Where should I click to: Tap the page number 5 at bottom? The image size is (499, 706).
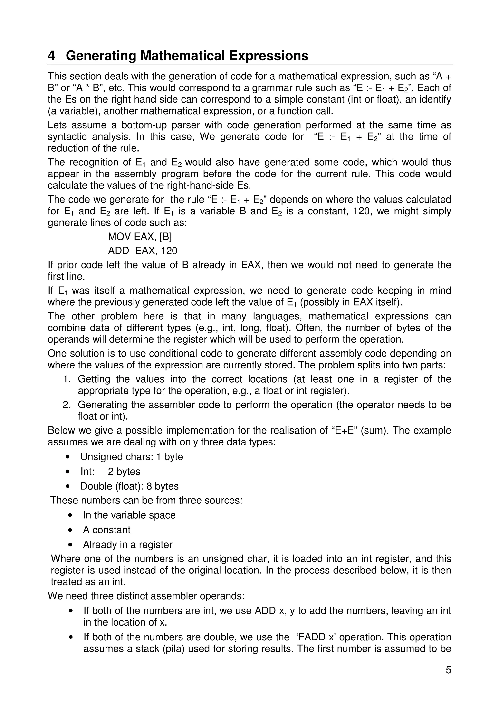[x=448, y=670]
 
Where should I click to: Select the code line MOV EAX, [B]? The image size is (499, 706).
[x=140, y=237]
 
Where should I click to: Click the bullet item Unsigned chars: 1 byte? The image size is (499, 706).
[x=132, y=457]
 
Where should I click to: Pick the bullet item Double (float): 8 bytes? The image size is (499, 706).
[x=129, y=486]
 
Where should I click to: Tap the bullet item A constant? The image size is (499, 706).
[x=106, y=530]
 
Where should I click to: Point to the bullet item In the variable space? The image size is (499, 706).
[x=129, y=515]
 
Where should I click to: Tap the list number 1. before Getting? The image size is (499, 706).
[x=67, y=379]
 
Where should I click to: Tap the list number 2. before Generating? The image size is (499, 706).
[x=67, y=405]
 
